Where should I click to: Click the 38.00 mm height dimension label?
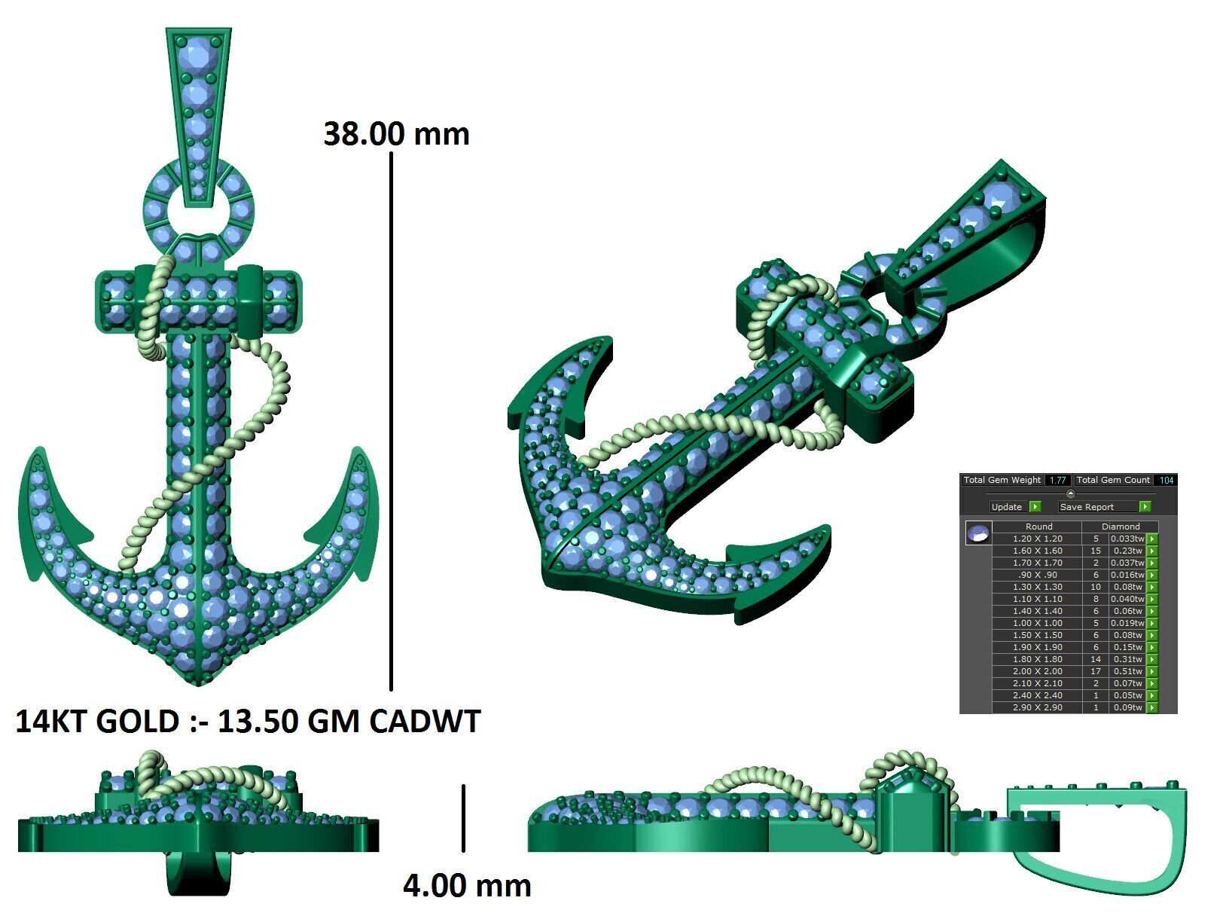396,134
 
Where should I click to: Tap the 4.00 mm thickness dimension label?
467,885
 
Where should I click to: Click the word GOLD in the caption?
138,722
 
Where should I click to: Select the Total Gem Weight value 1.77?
1057,480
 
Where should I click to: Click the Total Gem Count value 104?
1167,480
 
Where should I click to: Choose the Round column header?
1038,527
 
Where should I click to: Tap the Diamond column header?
1121,527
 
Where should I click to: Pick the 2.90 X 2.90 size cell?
1037,707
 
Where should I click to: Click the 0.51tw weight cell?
1127,671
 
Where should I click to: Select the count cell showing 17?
1096,671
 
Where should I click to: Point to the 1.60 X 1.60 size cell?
1037,551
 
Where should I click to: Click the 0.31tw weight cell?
1127,659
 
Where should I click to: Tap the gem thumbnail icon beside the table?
978,534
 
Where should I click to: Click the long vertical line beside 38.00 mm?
391,422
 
